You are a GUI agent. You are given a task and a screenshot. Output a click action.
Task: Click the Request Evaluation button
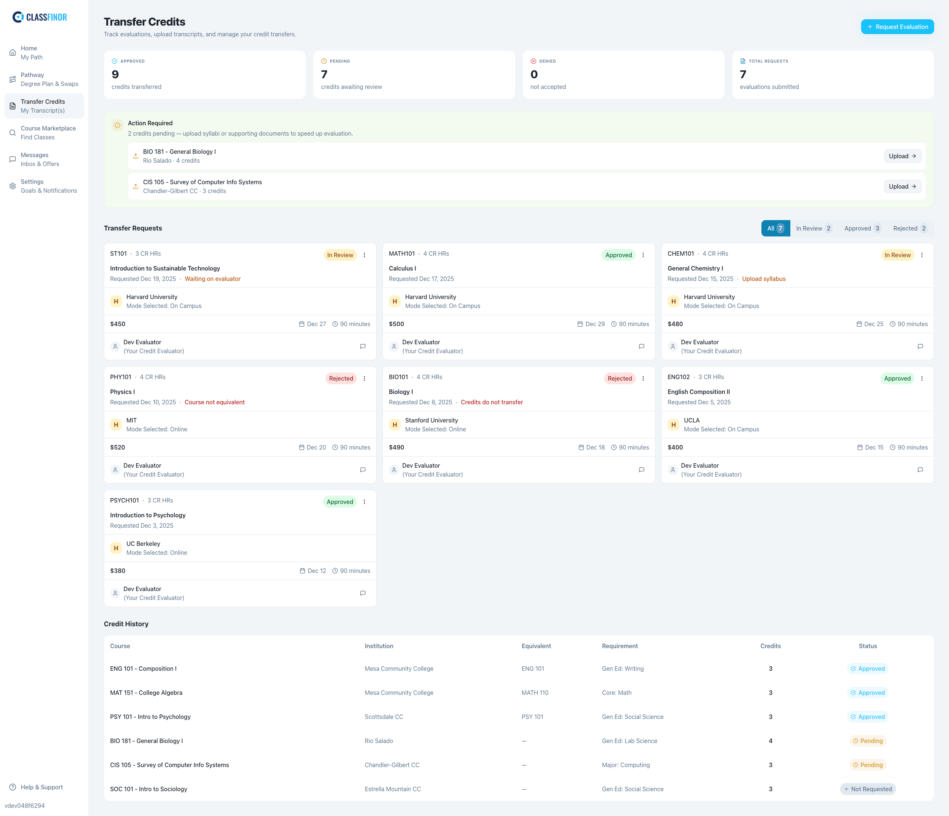(897, 27)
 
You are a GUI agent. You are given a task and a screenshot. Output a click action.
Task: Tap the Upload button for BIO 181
(902, 156)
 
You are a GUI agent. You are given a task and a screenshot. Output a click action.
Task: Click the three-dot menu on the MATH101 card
(643, 255)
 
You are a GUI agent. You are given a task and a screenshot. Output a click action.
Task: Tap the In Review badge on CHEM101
(897, 255)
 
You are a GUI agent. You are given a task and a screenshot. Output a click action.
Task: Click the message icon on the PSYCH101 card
(363, 593)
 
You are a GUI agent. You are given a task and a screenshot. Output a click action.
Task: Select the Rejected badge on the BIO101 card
(619, 378)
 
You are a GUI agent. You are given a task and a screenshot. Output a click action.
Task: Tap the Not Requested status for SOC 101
(867, 789)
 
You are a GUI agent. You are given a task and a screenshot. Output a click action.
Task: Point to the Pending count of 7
(324, 74)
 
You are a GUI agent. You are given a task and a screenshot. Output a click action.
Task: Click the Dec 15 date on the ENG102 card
(873, 447)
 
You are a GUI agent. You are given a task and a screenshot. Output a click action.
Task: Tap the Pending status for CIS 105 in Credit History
(867, 765)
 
